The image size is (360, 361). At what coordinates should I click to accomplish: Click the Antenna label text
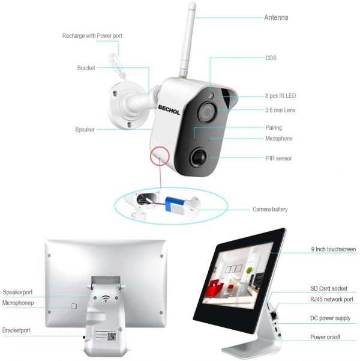tap(276, 17)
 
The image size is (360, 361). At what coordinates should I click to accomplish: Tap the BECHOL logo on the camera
tap(169, 110)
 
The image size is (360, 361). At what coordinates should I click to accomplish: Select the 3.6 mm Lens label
tap(280, 110)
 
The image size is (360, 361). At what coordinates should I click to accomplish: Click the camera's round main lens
tap(207, 112)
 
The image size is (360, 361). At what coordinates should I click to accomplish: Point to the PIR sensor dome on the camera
tap(198, 157)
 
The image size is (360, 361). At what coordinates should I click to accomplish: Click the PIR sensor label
tap(278, 159)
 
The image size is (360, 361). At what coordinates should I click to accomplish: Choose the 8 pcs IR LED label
tap(280, 96)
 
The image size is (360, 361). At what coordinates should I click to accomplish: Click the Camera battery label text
tap(270, 209)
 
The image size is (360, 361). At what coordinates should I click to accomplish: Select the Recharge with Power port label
tap(92, 36)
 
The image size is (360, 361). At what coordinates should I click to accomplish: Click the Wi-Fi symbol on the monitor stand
tap(106, 299)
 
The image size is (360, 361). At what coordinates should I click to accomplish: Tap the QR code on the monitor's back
tap(112, 336)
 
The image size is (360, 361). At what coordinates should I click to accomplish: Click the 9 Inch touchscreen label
tap(334, 249)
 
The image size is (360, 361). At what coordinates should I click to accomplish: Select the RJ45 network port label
tap(332, 299)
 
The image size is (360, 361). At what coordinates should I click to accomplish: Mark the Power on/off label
tap(325, 337)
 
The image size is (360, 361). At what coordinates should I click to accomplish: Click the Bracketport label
tap(16, 330)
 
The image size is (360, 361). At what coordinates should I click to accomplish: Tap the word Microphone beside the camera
tap(279, 138)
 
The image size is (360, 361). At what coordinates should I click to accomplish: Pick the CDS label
tap(271, 58)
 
